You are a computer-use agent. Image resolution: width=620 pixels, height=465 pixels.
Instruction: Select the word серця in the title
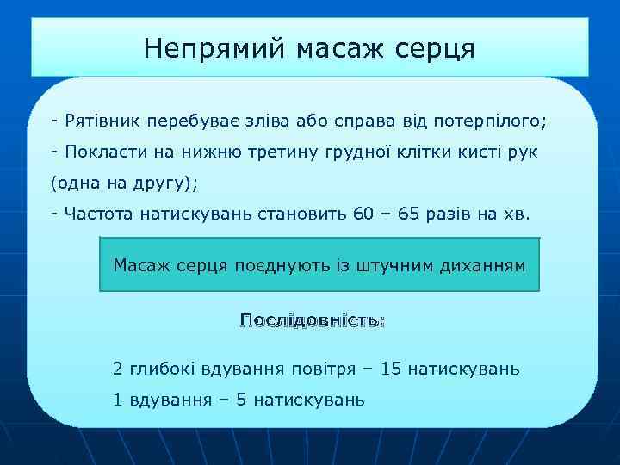pyautogui.click(x=437, y=48)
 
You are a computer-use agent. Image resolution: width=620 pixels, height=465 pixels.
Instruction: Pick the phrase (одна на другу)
pyautogui.click(x=124, y=183)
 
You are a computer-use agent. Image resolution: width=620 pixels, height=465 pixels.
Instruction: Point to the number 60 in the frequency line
pyautogui.click(x=364, y=215)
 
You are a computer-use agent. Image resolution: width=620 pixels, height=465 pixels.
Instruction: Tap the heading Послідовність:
pyautogui.click(x=312, y=320)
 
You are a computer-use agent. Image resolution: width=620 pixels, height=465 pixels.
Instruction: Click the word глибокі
pyautogui.click(x=163, y=369)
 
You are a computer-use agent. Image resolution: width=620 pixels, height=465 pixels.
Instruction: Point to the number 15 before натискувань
pyautogui.click(x=391, y=369)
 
